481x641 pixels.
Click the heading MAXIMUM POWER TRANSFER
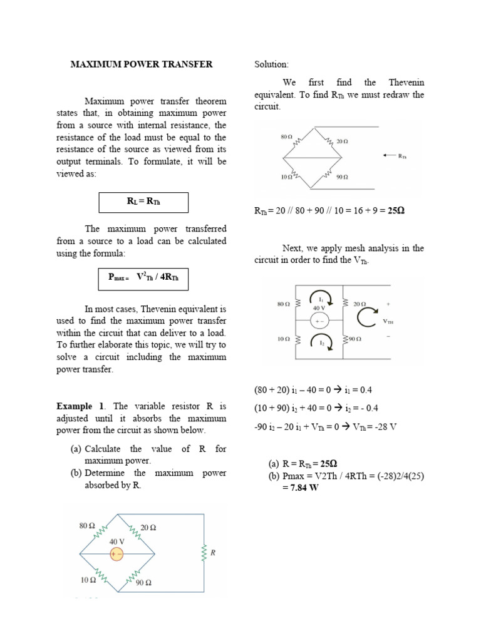pos(141,64)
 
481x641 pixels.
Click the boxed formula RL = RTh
pos(143,202)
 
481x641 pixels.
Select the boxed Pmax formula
pos(143,278)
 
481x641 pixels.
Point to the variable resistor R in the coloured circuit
pos(204,553)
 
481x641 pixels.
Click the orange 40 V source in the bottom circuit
pos(116,553)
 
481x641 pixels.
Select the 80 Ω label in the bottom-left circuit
pos(86,526)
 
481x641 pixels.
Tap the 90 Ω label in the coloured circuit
pos(144,582)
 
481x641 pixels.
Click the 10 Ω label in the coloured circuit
pos(88,580)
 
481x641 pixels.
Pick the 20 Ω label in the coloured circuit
pos(148,527)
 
